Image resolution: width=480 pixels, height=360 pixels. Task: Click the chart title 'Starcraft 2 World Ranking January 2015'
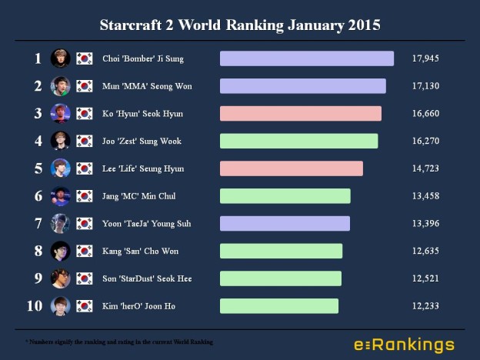240,24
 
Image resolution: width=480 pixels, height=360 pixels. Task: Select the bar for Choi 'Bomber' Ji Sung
306,58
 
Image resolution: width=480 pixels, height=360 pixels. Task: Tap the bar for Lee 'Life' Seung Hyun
291,168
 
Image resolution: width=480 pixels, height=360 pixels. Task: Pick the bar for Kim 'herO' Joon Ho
278,306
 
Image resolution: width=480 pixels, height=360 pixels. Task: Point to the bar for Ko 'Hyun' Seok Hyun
300,114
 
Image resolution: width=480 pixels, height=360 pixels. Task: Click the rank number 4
38,141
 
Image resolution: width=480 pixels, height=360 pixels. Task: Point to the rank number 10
35,306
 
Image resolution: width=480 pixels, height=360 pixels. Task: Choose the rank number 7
38,224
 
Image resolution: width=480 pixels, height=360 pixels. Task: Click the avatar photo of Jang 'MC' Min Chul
61,196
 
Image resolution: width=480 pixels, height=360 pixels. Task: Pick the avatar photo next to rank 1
61,58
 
